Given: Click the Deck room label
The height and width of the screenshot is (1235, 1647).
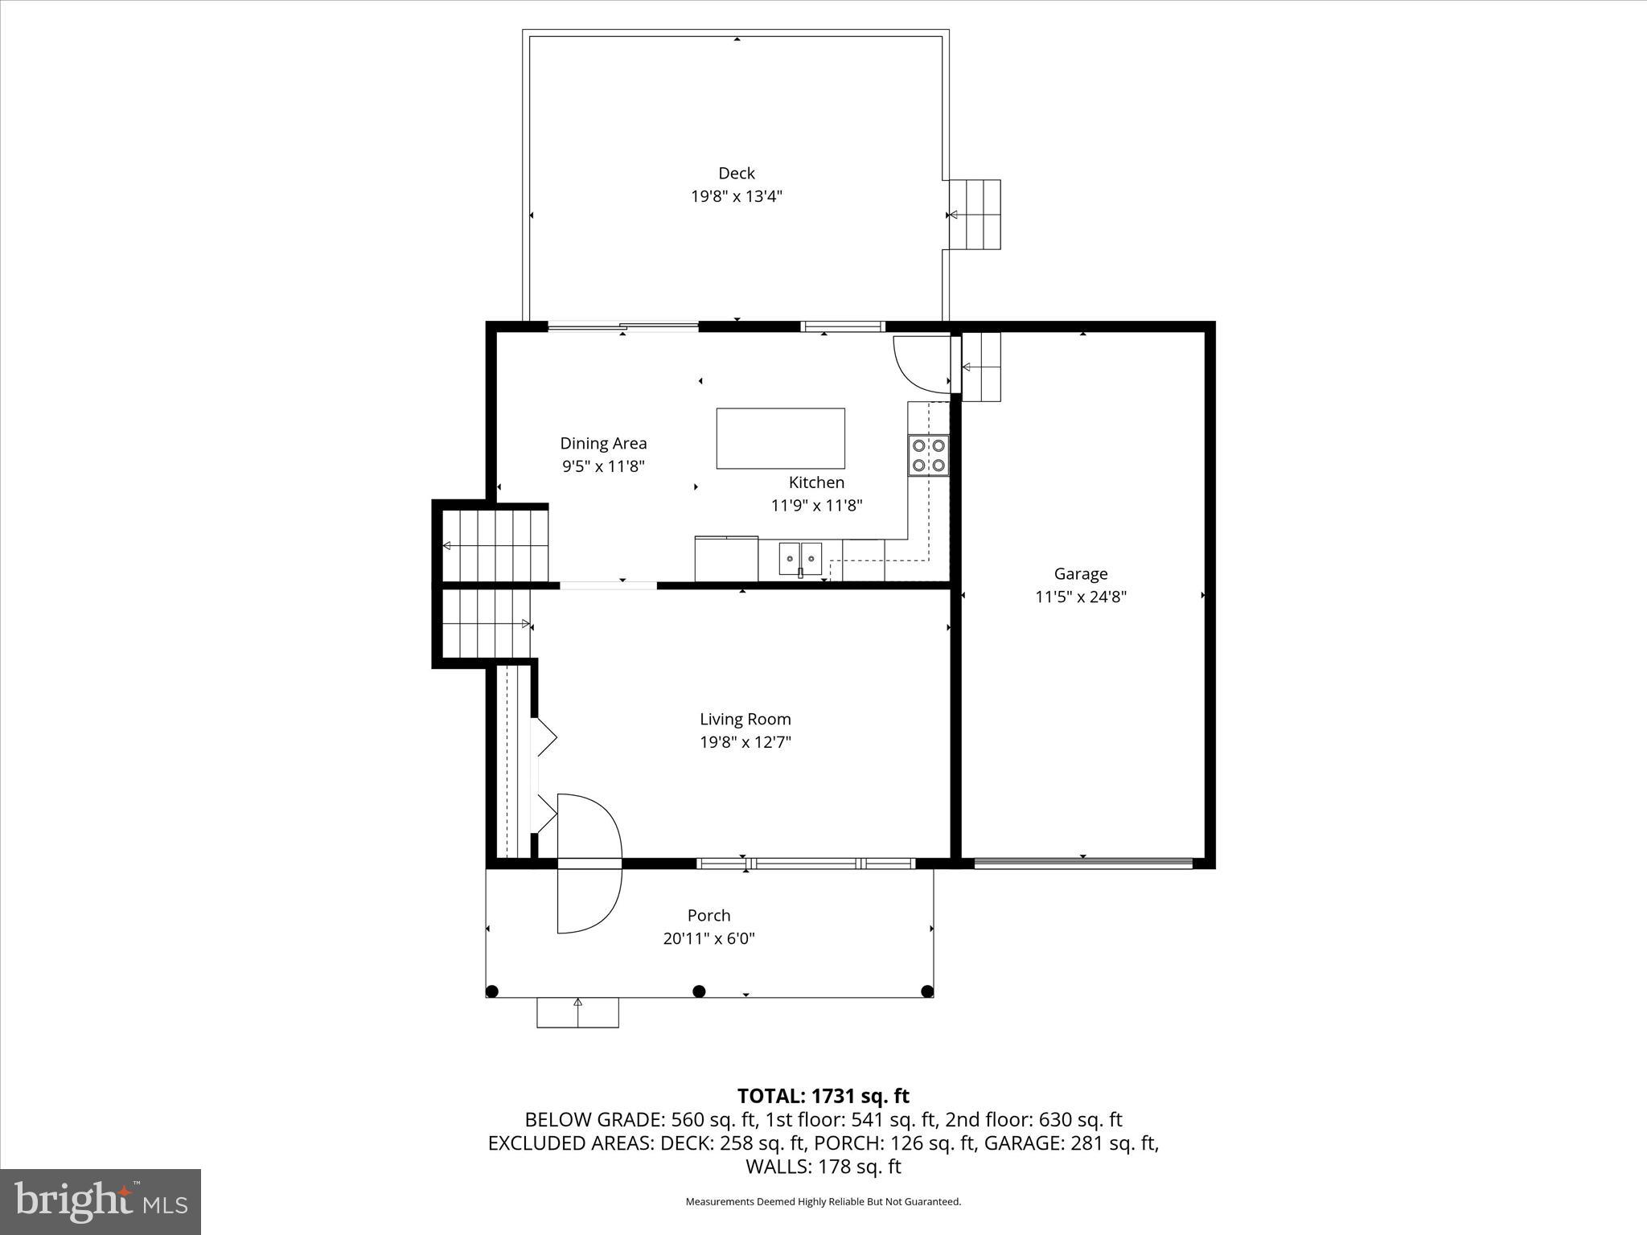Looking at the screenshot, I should [736, 173].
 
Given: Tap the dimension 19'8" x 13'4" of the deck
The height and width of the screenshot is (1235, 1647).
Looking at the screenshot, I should [736, 196].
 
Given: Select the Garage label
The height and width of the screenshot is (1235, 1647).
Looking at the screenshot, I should [1080, 573].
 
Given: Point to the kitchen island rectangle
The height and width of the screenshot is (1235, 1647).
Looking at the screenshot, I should [780, 438].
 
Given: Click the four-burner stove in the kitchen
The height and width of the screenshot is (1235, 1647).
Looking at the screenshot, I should [928, 455].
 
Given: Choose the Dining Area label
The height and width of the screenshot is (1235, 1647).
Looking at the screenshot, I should [603, 443].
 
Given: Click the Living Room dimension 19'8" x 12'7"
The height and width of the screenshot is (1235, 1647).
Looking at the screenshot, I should [745, 742].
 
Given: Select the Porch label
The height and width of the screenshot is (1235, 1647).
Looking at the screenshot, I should [708, 915].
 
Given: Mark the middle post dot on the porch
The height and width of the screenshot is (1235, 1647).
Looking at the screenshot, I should [699, 991].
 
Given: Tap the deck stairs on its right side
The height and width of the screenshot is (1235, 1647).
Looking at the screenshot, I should [975, 215].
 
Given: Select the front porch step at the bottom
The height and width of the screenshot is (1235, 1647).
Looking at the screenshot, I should [577, 1012].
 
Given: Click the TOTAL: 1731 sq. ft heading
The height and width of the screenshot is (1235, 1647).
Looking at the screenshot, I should [823, 1096].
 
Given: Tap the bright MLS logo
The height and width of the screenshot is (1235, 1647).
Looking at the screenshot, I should [101, 1201].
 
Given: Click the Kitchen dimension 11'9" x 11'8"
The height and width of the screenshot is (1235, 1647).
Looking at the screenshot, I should [816, 506].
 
